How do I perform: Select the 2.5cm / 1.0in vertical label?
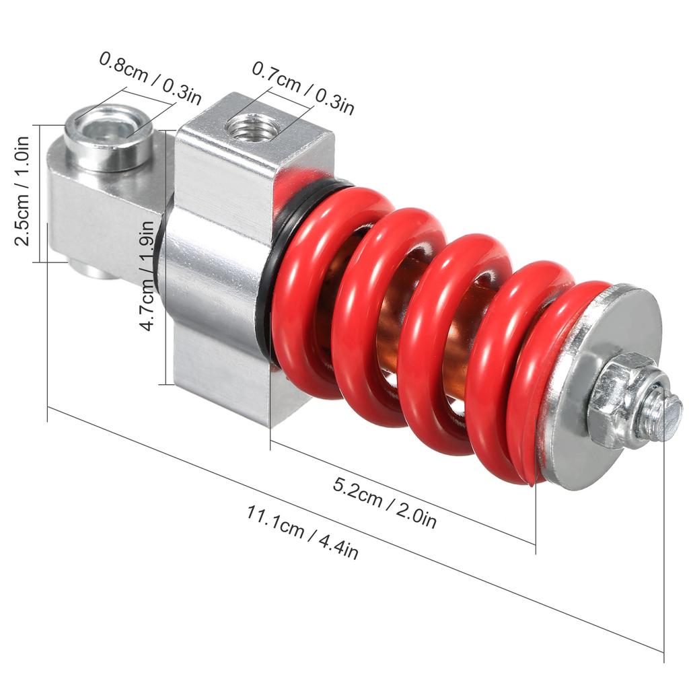click(x=22, y=192)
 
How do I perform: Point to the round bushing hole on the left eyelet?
click(x=108, y=131)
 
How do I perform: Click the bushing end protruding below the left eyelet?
click(x=94, y=271)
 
